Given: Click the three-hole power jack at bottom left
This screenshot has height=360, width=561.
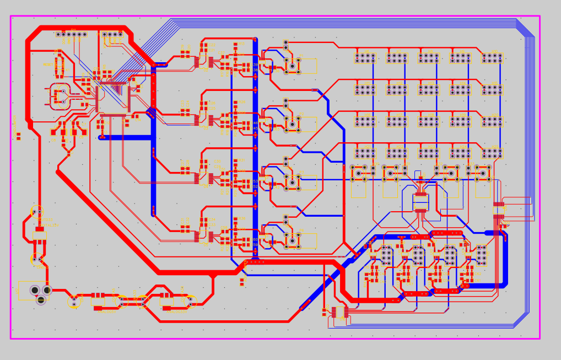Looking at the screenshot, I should coord(39,292).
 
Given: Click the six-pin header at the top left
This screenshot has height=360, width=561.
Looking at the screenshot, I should coord(71,34).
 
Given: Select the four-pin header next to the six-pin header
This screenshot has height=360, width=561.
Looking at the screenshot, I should coord(112,34).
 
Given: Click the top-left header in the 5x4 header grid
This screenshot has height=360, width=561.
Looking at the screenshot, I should coord(365,57).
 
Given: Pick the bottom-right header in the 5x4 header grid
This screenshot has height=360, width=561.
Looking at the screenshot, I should coord(492,153).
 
